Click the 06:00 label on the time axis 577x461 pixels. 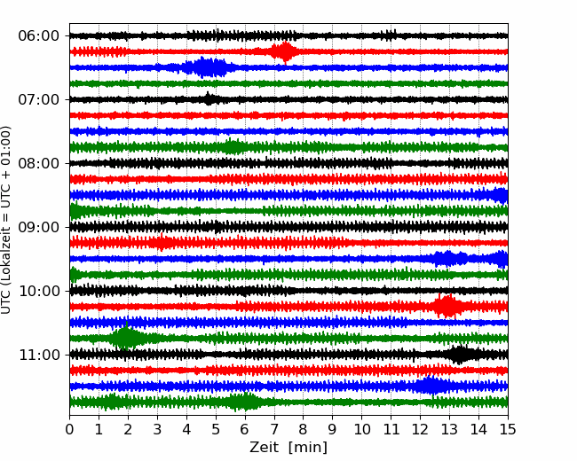pyautogui.click(x=37, y=35)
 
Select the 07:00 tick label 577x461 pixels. pyautogui.click(x=37, y=99)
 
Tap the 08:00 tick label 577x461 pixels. pyautogui.click(x=37, y=163)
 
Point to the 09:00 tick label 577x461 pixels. pyautogui.click(x=37, y=227)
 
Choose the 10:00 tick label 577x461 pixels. pyautogui.click(x=37, y=291)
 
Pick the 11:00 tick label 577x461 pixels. pyautogui.click(x=37, y=355)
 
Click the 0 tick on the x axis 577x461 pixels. pyautogui.click(x=70, y=430)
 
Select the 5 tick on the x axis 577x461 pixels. pyautogui.click(x=216, y=430)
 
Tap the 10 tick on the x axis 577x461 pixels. pyautogui.click(x=361, y=430)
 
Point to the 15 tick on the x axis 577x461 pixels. pyautogui.click(x=507, y=430)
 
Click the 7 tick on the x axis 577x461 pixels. pyautogui.click(x=274, y=430)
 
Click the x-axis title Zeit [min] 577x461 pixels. pyautogui.click(x=288, y=448)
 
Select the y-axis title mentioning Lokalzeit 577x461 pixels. pyautogui.click(x=8, y=220)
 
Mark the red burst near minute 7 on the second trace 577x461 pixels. pyautogui.click(x=283, y=51)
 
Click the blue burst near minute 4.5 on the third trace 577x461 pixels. pyautogui.click(x=206, y=67)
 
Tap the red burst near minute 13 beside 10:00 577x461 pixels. pyautogui.click(x=447, y=307)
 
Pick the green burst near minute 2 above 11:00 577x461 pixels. pyautogui.click(x=127, y=338)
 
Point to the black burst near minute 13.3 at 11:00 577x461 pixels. pyautogui.click(x=459, y=355)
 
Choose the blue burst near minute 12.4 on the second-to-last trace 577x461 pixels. pyautogui.click(x=431, y=386)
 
